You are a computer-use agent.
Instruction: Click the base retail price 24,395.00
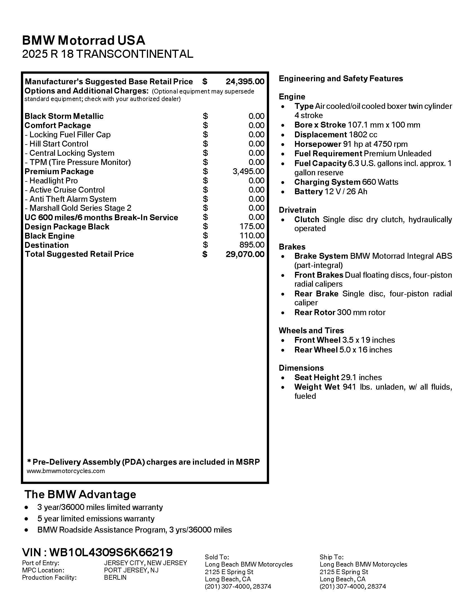(x=245, y=81)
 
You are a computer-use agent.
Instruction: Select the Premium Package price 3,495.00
(x=248, y=171)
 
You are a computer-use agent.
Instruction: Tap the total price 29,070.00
(x=245, y=254)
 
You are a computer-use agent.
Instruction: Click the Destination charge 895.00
(x=251, y=245)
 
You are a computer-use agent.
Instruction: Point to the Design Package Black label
(x=67, y=227)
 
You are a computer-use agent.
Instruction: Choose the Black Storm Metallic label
(x=64, y=116)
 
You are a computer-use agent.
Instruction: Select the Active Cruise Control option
(x=67, y=190)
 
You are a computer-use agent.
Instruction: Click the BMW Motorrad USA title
(x=84, y=40)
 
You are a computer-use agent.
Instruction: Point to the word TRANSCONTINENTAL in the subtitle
(x=134, y=54)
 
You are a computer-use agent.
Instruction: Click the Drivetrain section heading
(x=298, y=210)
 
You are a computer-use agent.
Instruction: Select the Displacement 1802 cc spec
(x=335, y=135)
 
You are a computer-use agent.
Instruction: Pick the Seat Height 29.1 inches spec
(x=338, y=377)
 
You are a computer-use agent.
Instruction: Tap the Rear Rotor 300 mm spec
(x=340, y=312)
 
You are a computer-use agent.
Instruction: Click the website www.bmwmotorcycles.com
(x=66, y=471)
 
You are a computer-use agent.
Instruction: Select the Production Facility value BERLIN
(x=115, y=577)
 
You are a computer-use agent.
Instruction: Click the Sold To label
(x=217, y=557)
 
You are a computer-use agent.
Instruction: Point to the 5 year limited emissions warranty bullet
(x=96, y=519)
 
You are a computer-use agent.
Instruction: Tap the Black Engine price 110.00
(x=251, y=236)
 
